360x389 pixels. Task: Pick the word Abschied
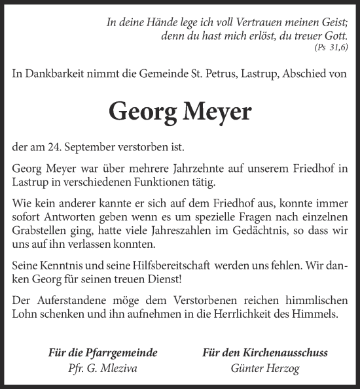coord(306,75)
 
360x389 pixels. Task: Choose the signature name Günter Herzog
coord(265,369)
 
